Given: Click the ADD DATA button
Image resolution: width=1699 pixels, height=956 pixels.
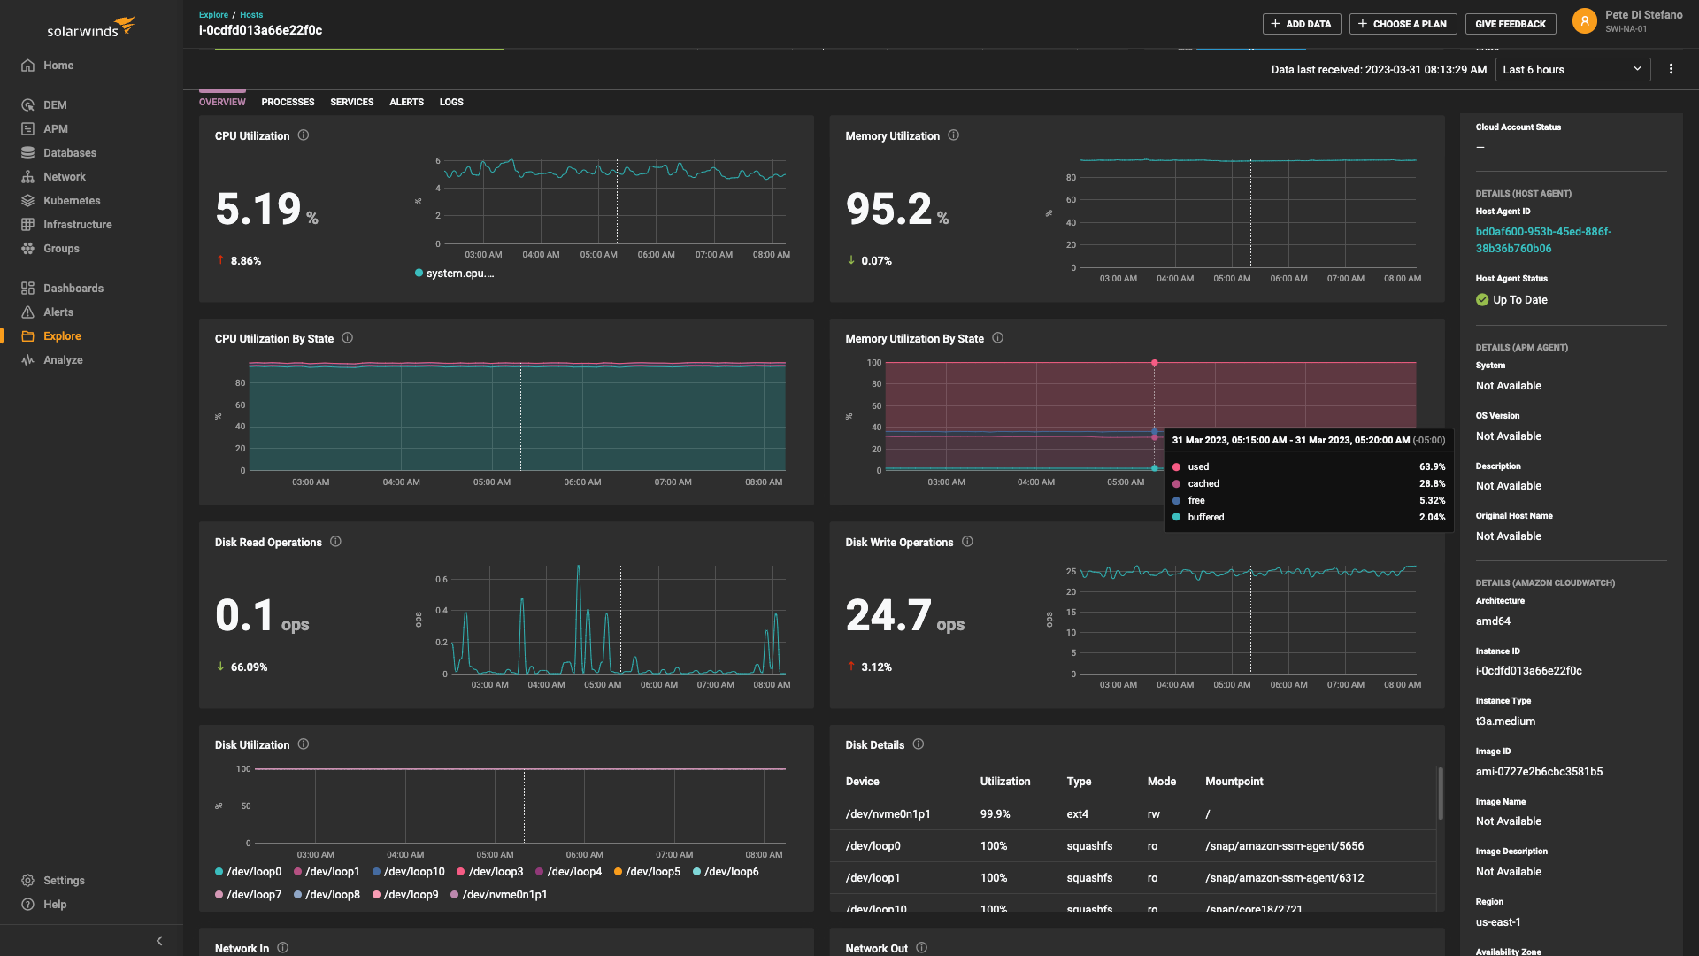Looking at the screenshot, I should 1301,24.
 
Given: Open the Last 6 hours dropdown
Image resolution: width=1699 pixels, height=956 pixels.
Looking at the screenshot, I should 1572,70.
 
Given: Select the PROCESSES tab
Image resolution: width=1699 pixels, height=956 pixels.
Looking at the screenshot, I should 288,102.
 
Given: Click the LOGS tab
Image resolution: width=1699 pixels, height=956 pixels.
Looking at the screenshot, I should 451,102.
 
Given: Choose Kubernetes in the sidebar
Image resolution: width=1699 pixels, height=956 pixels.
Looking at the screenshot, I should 72,201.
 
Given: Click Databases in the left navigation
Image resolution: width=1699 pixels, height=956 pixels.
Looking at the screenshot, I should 69,153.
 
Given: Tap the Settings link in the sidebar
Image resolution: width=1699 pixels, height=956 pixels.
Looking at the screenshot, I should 64,881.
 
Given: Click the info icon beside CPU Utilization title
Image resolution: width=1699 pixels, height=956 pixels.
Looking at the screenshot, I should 304,135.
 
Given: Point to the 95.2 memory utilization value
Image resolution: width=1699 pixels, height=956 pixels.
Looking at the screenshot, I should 888,210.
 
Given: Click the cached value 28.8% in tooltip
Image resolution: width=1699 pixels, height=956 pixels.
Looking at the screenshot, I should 1432,484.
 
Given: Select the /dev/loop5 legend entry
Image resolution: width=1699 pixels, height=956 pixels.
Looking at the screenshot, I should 652,872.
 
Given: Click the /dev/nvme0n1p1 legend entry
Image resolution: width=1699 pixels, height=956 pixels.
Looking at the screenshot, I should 504,895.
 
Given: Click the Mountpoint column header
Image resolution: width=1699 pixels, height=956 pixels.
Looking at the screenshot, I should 1234,782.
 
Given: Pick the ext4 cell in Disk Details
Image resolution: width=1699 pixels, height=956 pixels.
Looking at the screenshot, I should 1077,814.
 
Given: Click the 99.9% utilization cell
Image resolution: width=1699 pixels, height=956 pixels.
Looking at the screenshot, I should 995,814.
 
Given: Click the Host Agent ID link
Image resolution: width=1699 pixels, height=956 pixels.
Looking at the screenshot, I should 1542,240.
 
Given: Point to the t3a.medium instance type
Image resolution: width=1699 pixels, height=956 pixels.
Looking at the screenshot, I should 1504,721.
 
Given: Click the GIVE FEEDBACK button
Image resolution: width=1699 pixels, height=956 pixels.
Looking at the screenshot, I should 1510,24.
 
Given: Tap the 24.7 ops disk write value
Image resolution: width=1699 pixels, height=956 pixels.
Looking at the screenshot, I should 888,616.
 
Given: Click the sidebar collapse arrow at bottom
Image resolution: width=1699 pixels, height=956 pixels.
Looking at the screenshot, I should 159,941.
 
